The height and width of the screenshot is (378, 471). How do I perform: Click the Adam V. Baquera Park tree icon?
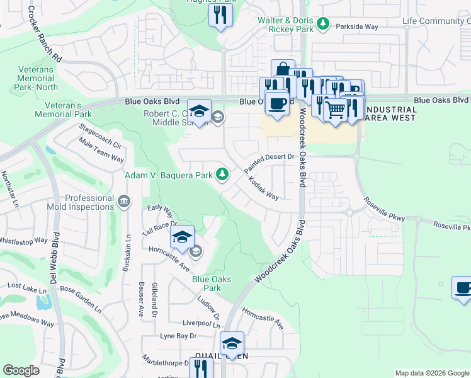click(222, 174)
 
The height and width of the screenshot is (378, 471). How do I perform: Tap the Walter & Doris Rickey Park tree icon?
click(322, 24)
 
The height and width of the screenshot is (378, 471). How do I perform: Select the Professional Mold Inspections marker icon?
click(123, 201)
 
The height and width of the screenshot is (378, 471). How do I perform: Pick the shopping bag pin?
click(283, 71)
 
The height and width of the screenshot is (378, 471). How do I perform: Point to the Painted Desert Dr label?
click(270, 163)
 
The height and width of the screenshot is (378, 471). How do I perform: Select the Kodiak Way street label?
click(263, 187)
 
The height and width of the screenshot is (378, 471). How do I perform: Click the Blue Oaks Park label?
click(212, 283)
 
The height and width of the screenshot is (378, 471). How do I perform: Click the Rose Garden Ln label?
click(80, 298)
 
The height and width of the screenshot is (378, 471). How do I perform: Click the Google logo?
click(21, 370)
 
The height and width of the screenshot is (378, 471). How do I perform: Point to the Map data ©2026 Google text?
click(431, 373)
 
